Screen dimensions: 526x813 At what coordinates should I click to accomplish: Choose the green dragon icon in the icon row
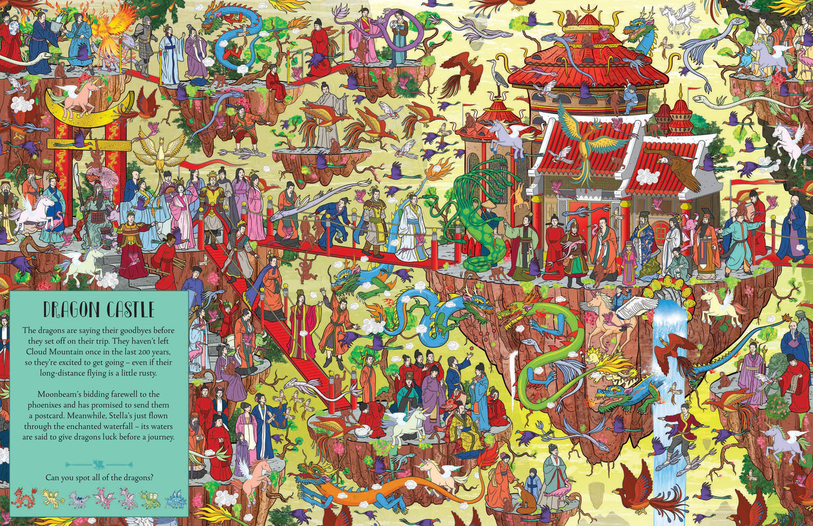(x=150, y=498)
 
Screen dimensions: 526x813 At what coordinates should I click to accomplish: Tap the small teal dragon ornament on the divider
(x=98, y=465)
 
